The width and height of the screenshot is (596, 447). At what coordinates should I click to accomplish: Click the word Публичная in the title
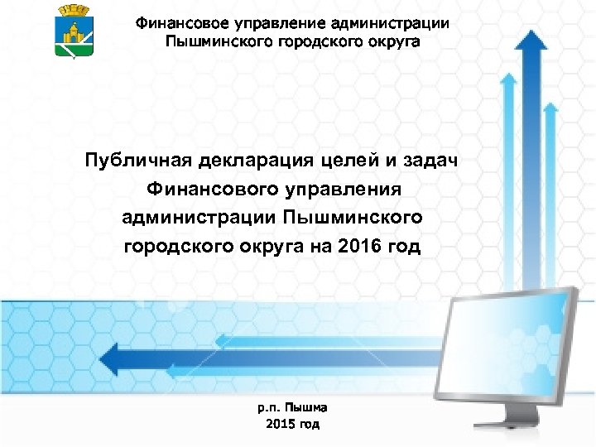pyautogui.click(x=133, y=160)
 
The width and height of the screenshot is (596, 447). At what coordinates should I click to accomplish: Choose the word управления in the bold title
pyautogui.click(x=341, y=189)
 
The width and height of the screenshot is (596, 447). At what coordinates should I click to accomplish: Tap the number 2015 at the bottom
pyautogui.click(x=281, y=424)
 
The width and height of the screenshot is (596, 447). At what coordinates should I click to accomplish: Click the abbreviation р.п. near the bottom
pyautogui.click(x=269, y=407)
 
